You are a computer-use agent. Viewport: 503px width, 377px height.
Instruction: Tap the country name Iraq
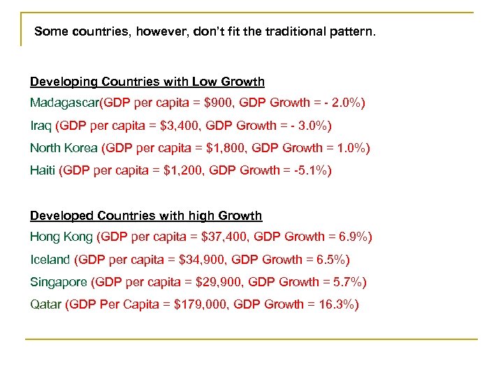pos(41,126)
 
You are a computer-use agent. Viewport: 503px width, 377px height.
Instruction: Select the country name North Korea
pos(64,148)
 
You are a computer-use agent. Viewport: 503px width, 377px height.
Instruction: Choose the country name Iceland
pos(50,260)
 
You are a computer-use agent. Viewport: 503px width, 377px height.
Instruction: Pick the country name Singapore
pos(59,282)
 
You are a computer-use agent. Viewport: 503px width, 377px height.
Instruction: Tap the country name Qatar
pos(45,304)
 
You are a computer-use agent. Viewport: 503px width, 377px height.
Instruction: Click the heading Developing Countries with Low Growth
pos(147,82)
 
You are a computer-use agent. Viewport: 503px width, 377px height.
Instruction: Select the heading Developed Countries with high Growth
pos(146,216)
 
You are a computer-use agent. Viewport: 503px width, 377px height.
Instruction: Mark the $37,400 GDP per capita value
pos(223,237)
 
